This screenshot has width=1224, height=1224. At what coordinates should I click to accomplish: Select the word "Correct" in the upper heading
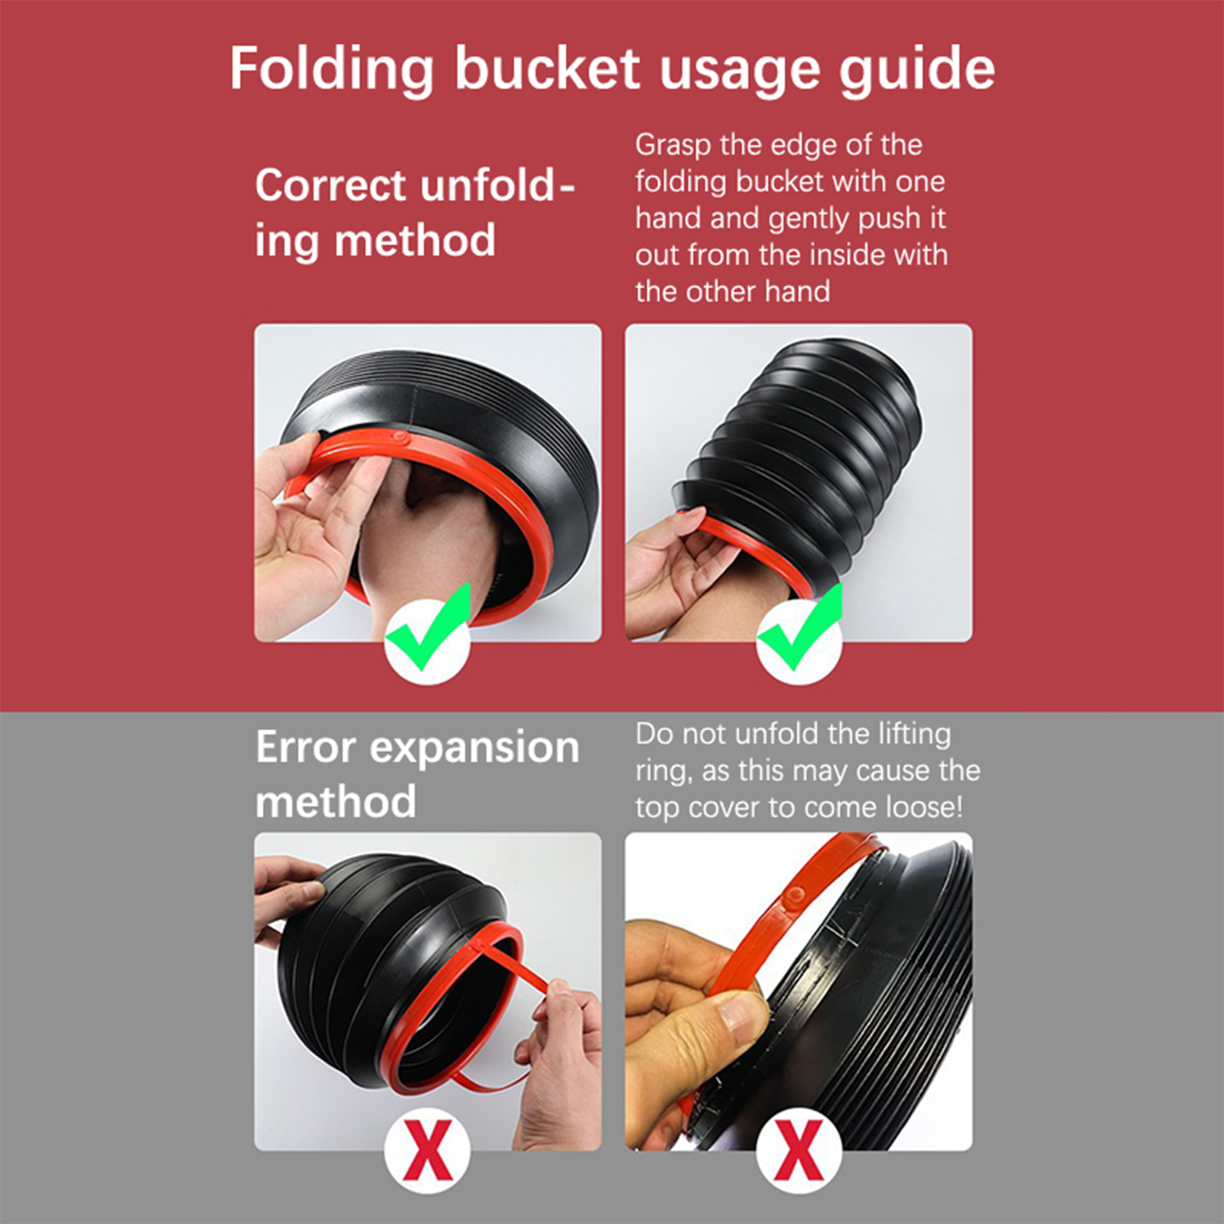pyautogui.click(x=330, y=185)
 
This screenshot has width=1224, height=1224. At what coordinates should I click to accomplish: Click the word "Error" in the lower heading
pyautogui.click(x=305, y=747)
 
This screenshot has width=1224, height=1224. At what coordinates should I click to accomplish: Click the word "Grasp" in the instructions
pyautogui.click(x=662, y=145)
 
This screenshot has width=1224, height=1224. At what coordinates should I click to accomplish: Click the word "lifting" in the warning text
pyautogui.click(x=914, y=734)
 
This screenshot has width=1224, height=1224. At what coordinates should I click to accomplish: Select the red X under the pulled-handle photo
pyautogui.click(x=428, y=1149)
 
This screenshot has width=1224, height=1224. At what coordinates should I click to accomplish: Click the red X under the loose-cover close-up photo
pyautogui.click(x=799, y=1149)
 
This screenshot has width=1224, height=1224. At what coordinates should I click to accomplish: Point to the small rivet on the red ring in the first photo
pyautogui.click(x=399, y=438)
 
